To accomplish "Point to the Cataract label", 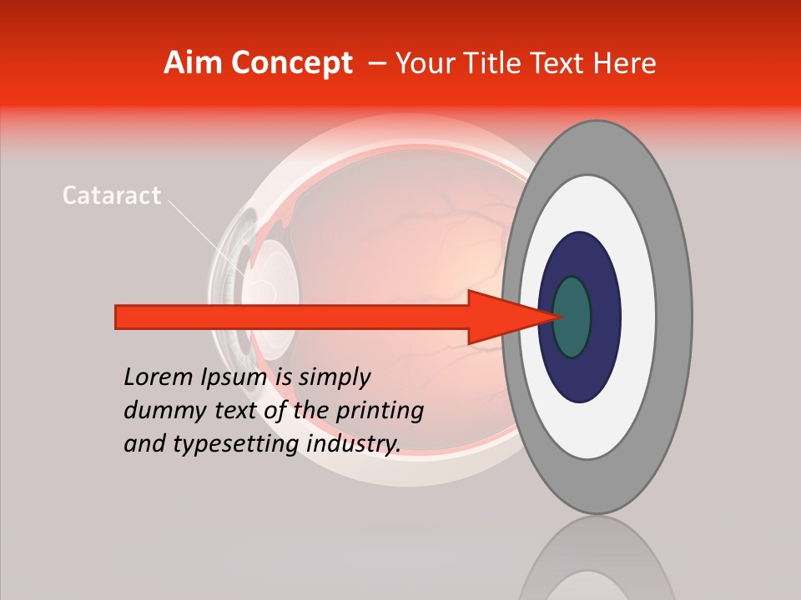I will [x=112, y=196].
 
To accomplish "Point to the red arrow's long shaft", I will [x=292, y=317].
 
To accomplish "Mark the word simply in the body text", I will [x=334, y=377].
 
